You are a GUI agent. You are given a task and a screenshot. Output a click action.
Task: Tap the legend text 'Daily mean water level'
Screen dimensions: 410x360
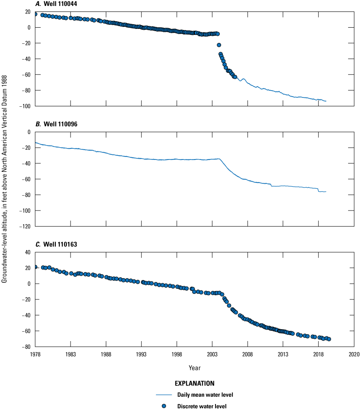click(x=205, y=395)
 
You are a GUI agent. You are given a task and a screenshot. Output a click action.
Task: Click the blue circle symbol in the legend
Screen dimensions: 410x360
click(x=164, y=406)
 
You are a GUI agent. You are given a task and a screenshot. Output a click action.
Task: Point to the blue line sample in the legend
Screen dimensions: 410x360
click(x=164, y=395)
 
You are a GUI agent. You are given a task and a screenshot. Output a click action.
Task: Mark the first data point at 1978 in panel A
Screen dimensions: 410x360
click(x=35, y=14)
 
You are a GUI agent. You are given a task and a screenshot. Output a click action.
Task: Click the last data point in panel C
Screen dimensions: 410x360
click(x=329, y=339)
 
